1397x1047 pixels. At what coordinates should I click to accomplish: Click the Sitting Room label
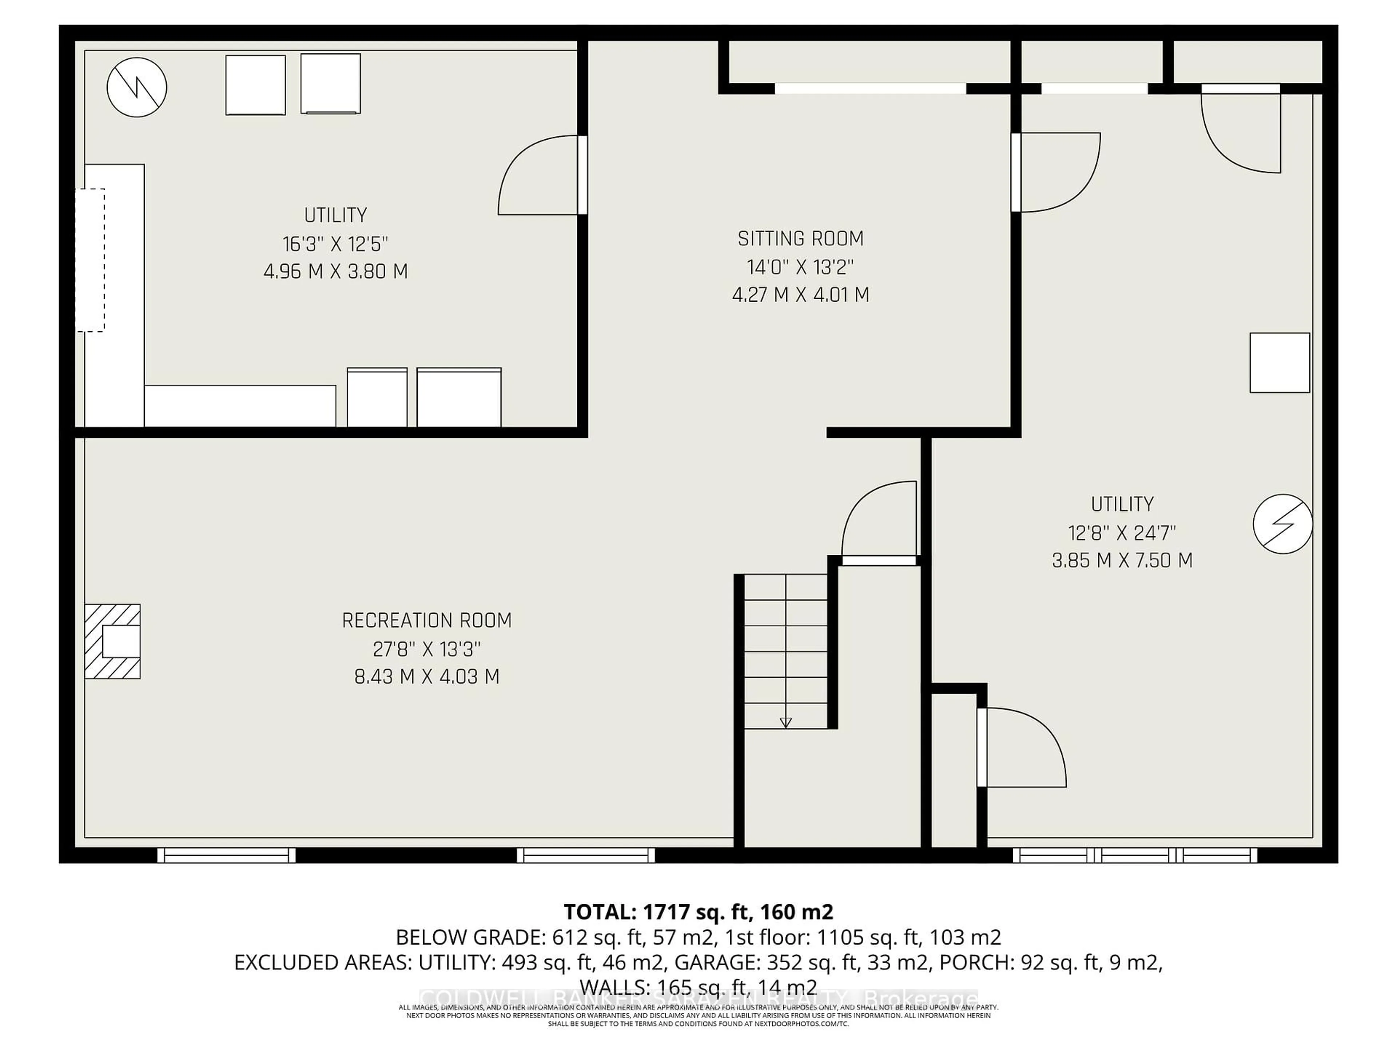800,238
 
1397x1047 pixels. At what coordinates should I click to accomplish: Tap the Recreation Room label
427,620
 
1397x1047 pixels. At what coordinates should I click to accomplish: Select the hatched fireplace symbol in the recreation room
112,641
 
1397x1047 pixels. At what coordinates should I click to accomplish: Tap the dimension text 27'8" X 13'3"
427,649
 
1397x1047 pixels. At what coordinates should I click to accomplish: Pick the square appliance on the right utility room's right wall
1279,363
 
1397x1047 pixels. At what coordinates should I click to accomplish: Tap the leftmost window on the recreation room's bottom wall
226,855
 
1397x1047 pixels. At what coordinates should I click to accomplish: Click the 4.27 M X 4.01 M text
800,295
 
